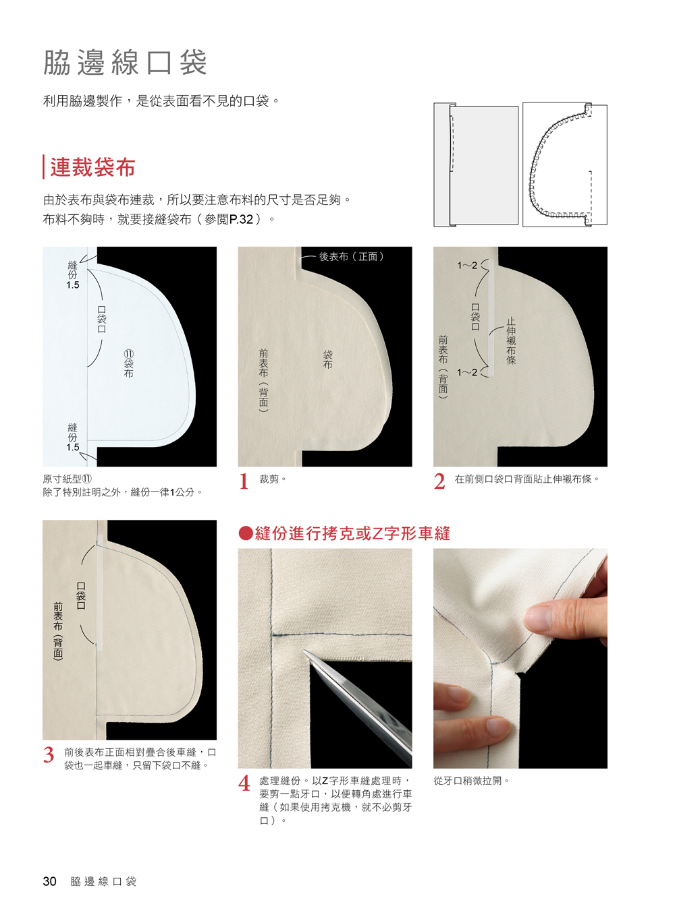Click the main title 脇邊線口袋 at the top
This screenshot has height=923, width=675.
(125, 63)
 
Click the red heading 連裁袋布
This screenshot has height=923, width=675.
(93, 167)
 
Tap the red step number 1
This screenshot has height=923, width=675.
(244, 481)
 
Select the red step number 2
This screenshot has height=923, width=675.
(439, 481)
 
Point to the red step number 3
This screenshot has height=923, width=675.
(49, 754)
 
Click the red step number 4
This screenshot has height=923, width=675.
(244, 783)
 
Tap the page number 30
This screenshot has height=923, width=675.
(49, 881)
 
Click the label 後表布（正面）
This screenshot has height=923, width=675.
(352, 257)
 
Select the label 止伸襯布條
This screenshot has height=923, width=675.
(511, 340)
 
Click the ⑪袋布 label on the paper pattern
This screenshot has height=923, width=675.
(129, 363)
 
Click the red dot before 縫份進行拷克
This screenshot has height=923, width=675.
(246, 533)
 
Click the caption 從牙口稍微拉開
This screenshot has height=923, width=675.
(472, 781)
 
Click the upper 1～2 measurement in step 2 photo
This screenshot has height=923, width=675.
(467, 266)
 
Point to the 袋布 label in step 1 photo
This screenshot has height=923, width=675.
(327, 359)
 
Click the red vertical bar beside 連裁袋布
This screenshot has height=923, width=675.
(43, 167)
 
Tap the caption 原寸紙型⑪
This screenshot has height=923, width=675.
(67, 479)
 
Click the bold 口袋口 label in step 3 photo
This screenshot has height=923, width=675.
(81, 596)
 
